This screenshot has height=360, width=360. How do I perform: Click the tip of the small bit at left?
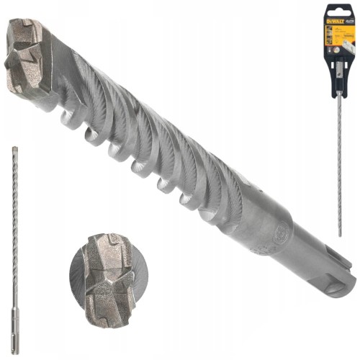14,149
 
